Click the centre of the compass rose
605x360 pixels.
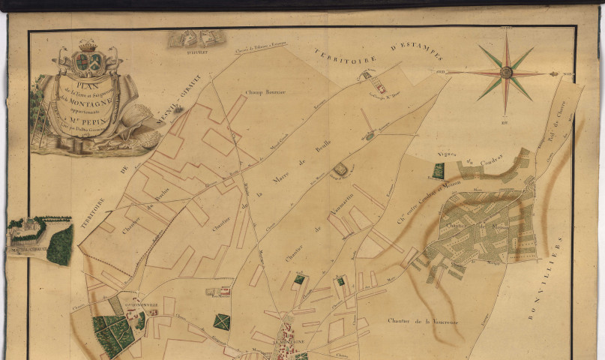pyautogui.click(x=507, y=73)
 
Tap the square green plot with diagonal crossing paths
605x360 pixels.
pyautogui.click(x=221, y=322)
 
